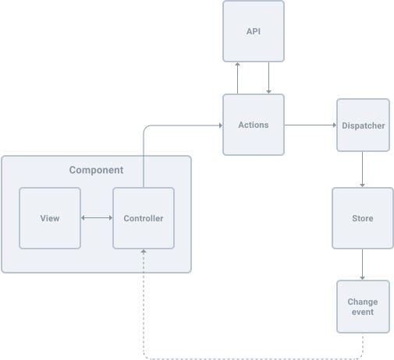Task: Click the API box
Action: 254,31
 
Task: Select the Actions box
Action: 254,125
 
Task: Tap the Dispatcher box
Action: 363,125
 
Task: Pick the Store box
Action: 362,218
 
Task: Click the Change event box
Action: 362,307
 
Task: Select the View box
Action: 50,218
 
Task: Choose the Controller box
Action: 144,218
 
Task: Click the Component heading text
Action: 96,170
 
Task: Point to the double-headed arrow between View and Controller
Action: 97,218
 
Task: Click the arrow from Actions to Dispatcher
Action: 310,125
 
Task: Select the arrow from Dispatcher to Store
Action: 362,169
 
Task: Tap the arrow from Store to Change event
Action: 362,265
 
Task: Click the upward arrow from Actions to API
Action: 238,78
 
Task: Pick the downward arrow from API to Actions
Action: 269,78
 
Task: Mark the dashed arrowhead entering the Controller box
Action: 144,252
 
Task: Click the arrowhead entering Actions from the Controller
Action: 219,125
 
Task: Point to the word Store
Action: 362,218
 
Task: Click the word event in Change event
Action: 362,312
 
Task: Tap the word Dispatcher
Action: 363,125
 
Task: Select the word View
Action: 50,218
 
